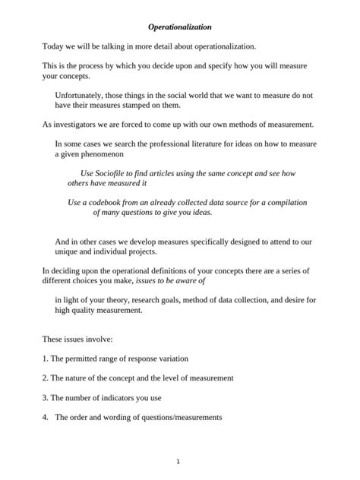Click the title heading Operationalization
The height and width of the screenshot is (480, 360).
[180, 27]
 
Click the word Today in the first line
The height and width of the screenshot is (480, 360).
[53, 47]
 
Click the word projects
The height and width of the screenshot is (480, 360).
[139, 251]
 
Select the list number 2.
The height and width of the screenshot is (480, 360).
[45, 377]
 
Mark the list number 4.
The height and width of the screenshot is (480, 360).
[45, 417]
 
